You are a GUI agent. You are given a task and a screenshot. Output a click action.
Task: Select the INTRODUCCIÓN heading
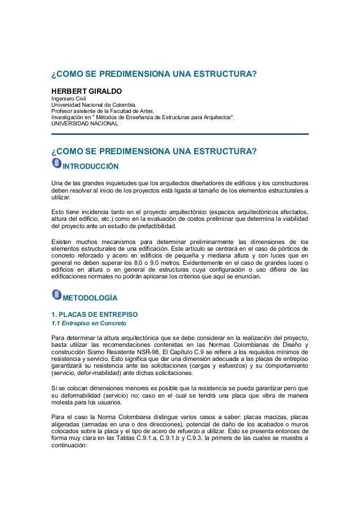click(x=90, y=166)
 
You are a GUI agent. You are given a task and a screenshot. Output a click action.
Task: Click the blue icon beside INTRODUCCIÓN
click(x=56, y=163)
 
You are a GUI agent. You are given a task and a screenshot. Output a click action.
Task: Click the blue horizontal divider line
click(x=180, y=134)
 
